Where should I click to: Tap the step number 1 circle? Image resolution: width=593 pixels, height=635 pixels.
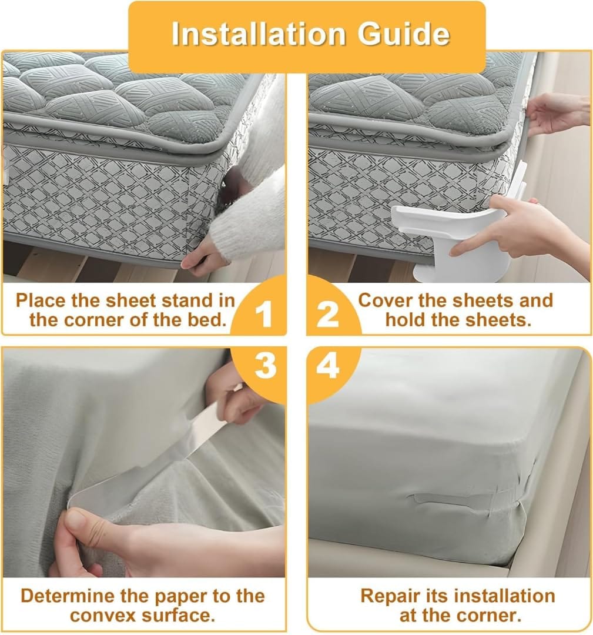tap(264, 315)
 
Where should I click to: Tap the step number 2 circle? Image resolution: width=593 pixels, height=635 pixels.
tap(328, 315)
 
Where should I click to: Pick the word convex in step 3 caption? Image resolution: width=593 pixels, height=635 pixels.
tap(102, 616)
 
